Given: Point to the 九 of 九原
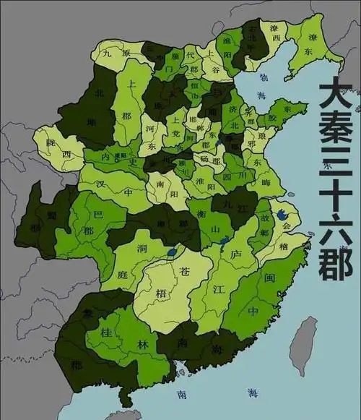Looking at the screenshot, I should tap(107, 52).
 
